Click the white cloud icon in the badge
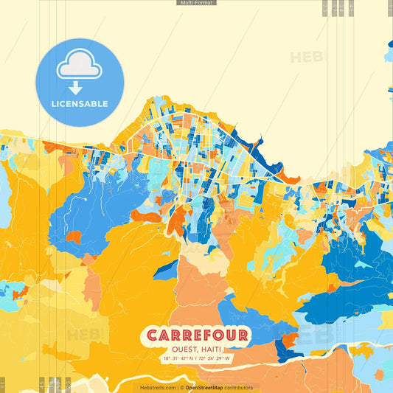[79, 64]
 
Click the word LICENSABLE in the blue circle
[79, 104]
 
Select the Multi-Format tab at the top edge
[196, 3]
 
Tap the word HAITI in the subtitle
[212, 349]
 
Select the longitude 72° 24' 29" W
[215, 359]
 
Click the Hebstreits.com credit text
[158, 387]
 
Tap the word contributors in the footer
[239, 387]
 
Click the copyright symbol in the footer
[181, 387]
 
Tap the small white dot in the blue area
[86, 199]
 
